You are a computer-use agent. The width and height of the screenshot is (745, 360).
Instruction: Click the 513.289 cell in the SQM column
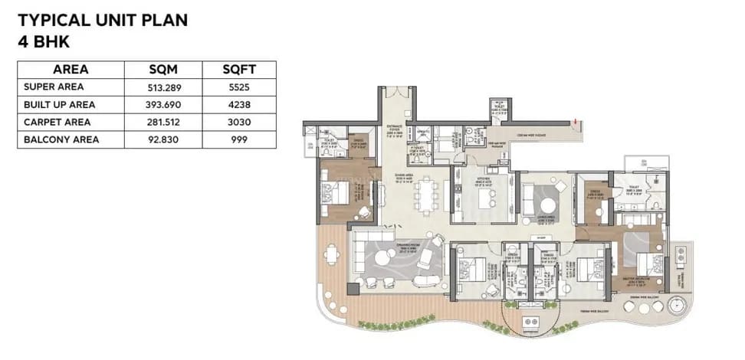[x=163, y=87]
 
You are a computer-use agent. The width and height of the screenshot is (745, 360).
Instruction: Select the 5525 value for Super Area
[x=238, y=87]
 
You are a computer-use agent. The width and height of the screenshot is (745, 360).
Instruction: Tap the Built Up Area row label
[x=60, y=105]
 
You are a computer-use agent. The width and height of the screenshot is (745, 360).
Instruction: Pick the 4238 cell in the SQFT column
[x=238, y=105]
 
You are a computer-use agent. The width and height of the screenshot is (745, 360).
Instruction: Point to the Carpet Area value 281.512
[x=163, y=123]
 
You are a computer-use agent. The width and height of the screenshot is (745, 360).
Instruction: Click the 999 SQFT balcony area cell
[x=238, y=140]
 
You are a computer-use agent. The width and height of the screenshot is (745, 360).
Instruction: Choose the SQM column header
[x=163, y=70]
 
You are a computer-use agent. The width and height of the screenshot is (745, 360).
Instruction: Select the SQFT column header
[x=238, y=70]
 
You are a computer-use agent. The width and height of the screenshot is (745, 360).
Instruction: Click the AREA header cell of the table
[x=71, y=70]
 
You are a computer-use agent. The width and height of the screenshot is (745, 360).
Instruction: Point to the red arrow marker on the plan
[x=575, y=119]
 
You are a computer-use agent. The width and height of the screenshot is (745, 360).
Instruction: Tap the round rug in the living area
[x=549, y=204]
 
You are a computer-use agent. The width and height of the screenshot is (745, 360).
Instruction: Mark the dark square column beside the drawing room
[x=353, y=290]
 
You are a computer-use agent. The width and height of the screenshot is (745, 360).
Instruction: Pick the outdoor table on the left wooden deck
[x=331, y=254]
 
